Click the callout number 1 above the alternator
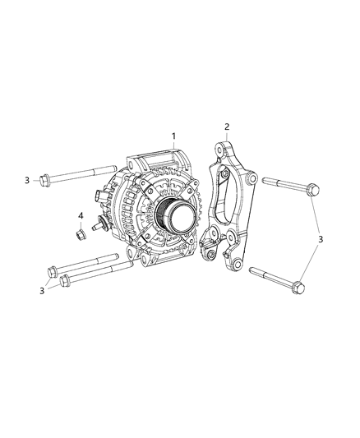click(173, 135)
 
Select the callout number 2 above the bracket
click(228, 127)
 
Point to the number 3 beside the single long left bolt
click(26, 179)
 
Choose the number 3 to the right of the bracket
click(322, 239)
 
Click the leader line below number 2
click(227, 138)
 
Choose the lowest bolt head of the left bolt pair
click(67, 282)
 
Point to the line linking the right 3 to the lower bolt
click(312, 263)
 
